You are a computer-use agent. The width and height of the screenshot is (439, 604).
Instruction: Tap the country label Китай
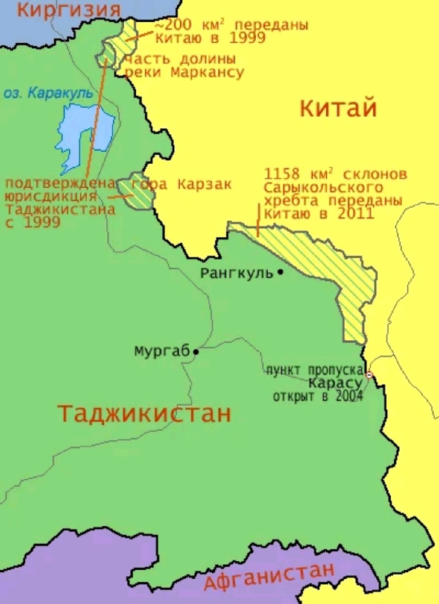[338, 108]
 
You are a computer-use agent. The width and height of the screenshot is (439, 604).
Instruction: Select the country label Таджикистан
[144, 414]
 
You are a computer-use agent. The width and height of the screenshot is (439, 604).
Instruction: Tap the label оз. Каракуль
[48, 93]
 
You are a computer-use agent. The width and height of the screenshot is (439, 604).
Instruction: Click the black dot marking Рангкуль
[280, 272]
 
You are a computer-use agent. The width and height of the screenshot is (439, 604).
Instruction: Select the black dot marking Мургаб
[196, 351]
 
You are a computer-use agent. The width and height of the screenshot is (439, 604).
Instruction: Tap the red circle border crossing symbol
[369, 374]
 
